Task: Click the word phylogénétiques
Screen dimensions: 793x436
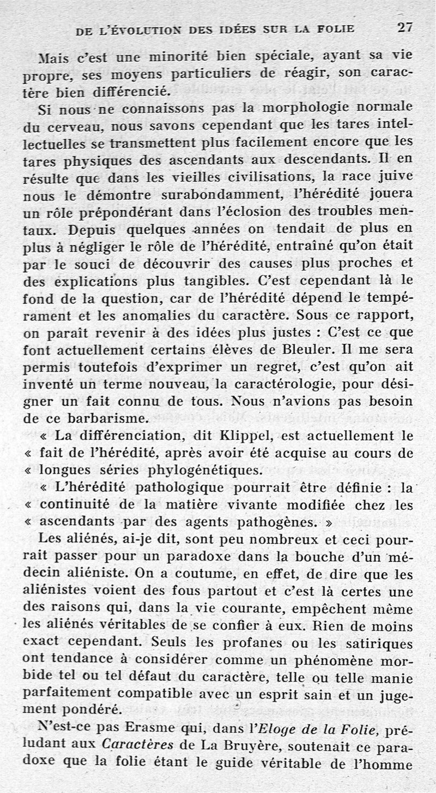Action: (203, 470)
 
